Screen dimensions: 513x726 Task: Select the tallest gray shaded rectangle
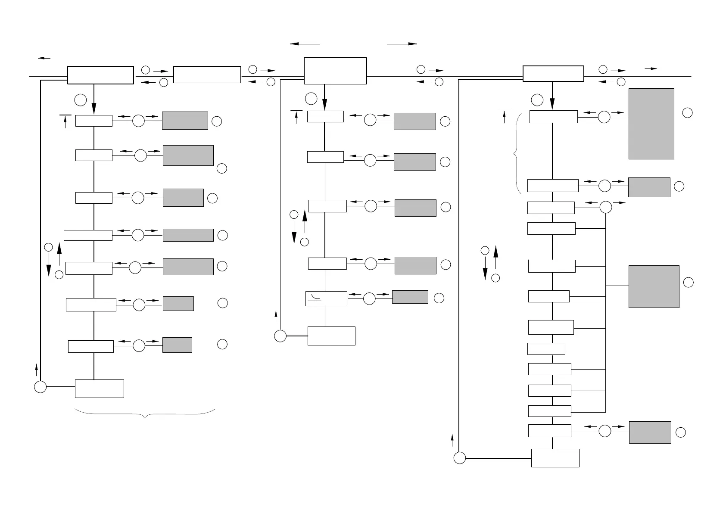tap(651, 124)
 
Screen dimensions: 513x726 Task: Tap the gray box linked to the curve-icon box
tap(410, 297)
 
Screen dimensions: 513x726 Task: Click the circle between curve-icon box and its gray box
tap(369, 298)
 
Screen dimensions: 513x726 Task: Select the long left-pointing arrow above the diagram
tap(305, 44)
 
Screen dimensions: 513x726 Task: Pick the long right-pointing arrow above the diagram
tap(402, 44)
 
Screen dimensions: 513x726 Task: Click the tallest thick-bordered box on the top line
tap(335, 71)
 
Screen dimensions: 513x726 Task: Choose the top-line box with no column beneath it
tap(207, 75)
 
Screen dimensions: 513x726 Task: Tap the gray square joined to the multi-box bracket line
tap(654, 286)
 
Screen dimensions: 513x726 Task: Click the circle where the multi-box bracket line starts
tap(605, 207)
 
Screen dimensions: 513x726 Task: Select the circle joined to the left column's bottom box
tap(40, 387)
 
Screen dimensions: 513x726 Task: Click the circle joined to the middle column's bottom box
tap(280, 336)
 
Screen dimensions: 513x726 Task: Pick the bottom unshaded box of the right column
tap(555, 458)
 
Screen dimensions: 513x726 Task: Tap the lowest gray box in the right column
tap(650, 432)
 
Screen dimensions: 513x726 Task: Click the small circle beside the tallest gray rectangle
tap(688, 113)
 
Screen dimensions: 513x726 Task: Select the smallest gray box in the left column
tap(177, 345)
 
